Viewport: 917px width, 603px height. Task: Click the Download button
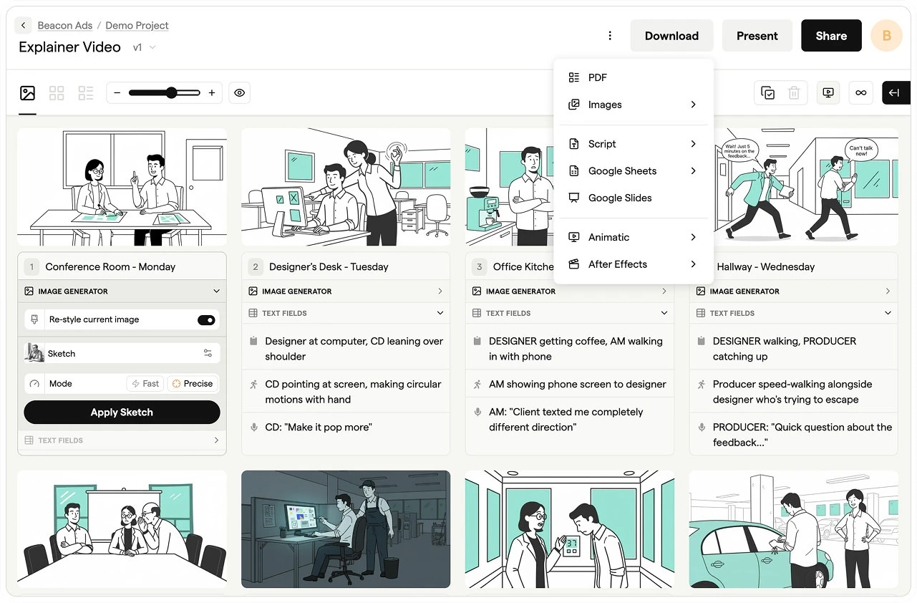pyautogui.click(x=671, y=36)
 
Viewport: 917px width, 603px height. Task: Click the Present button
pyautogui.click(x=757, y=36)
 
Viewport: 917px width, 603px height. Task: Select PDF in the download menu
pyautogui.click(x=598, y=77)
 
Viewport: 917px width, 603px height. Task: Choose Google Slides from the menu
pyautogui.click(x=620, y=198)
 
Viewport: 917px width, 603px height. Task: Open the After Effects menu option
pyautogui.click(x=617, y=264)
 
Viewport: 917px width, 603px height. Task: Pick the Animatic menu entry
pyautogui.click(x=608, y=237)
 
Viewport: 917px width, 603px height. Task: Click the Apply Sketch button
pyautogui.click(x=122, y=413)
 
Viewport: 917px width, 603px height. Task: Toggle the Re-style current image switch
pyautogui.click(x=206, y=320)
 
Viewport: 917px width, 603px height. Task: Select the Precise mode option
pyautogui.click(x=193, y=384)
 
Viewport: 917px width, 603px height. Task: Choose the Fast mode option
pyautogui.click(x=145, y=384)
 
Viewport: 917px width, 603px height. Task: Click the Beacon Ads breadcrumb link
pyautogui.click(x=64, y=26)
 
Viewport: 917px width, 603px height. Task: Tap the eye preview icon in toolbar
pyautogui.click(x=240, y=93)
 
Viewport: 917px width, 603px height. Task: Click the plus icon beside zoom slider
pyautogui.click(x=212, y=93)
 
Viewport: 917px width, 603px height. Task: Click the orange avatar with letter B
pyautogui.click(x=886, y=36)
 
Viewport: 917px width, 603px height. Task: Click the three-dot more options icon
pyautogui.click(x=610, y=36)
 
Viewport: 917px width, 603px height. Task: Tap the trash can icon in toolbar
pyautogui.click(x=794, y=93)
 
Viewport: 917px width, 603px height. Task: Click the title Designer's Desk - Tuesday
pyautogui.click(x=329, y=267)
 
